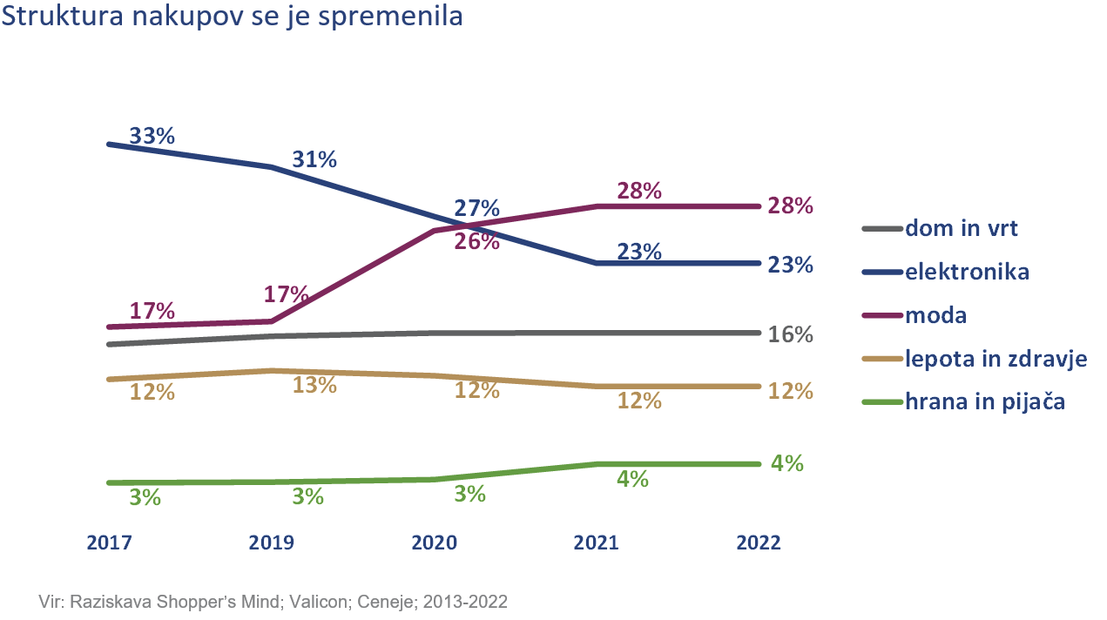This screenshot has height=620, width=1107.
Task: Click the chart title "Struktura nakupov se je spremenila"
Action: (x=232, y=17)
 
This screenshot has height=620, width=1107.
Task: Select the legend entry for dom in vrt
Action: (x=962, y=229)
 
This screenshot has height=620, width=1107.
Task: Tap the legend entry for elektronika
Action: (x=967, y=272)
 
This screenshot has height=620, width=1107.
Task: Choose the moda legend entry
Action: (x=936, y=315)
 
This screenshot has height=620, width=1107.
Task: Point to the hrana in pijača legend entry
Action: (x=985, y=402)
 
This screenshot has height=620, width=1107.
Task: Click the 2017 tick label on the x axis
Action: (x=109, y=542)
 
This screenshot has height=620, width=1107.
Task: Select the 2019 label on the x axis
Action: (x=271, y=542)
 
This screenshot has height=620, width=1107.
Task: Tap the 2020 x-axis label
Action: (x=434, y=542)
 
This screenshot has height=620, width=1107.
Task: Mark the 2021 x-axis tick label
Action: (x=596, y=542)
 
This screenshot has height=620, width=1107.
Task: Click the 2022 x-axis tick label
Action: (x=759, y=542)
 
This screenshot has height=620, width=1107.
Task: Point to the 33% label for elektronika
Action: (x=152, y=137)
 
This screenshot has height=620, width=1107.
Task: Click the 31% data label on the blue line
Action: (x=314, y=160)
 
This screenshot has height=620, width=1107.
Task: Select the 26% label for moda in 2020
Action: (x=477, y=242)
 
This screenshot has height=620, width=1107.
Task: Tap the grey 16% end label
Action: (x=790, y=335)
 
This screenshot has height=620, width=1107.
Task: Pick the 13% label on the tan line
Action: (x=314, y=386)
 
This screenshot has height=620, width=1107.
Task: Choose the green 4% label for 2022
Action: (x=787, y=464)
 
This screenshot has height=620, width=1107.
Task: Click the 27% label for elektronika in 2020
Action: (x=477, y=209)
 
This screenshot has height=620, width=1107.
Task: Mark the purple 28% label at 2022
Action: (x=790, y=206)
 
